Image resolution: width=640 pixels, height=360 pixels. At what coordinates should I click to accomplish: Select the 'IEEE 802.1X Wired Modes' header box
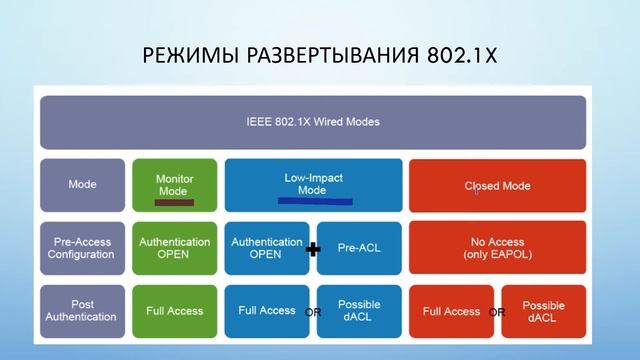(x=313, y=122)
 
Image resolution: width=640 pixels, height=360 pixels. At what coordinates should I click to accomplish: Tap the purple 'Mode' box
(x=82, y=185)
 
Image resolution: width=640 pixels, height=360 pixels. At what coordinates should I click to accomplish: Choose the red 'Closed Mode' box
(x=497, y=185)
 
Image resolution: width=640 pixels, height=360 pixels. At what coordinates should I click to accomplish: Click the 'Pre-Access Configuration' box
(x=82, y=248)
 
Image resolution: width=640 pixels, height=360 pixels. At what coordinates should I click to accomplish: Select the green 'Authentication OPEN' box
(x=174, y=248)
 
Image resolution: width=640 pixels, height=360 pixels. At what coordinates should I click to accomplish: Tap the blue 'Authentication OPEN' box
(x=266, y=248)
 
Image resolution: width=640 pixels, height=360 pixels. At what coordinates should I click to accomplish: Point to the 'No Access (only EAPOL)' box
(x=497, y=248)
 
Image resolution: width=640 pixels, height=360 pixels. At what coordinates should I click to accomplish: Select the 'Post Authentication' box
(x=82, y=311)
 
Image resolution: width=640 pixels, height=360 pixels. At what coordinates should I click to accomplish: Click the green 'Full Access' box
(x=174, y=311)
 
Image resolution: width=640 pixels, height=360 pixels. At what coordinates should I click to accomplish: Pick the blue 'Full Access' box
(x=266, y=311)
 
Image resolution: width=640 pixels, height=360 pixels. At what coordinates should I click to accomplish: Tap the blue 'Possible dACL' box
(x=359, y=311)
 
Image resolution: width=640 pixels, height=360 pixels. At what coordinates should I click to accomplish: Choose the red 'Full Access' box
(x=452, y=311)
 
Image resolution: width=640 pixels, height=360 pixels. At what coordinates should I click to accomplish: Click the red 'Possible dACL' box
(x=543, y=311)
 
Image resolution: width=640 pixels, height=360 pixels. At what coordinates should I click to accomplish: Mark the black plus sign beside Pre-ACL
(x=313, y=249)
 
